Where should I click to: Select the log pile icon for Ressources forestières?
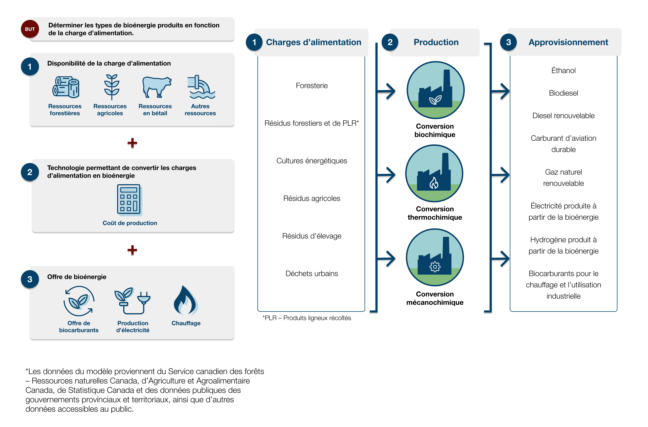66,87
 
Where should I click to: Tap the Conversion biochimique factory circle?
435,90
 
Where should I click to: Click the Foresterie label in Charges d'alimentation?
312,86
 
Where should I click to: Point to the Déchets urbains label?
312,274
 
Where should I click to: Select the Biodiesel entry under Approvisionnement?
563,93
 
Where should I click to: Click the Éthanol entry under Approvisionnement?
563,71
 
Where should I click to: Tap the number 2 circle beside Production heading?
390,42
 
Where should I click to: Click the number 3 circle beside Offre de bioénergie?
30,279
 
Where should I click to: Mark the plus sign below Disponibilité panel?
132,143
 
